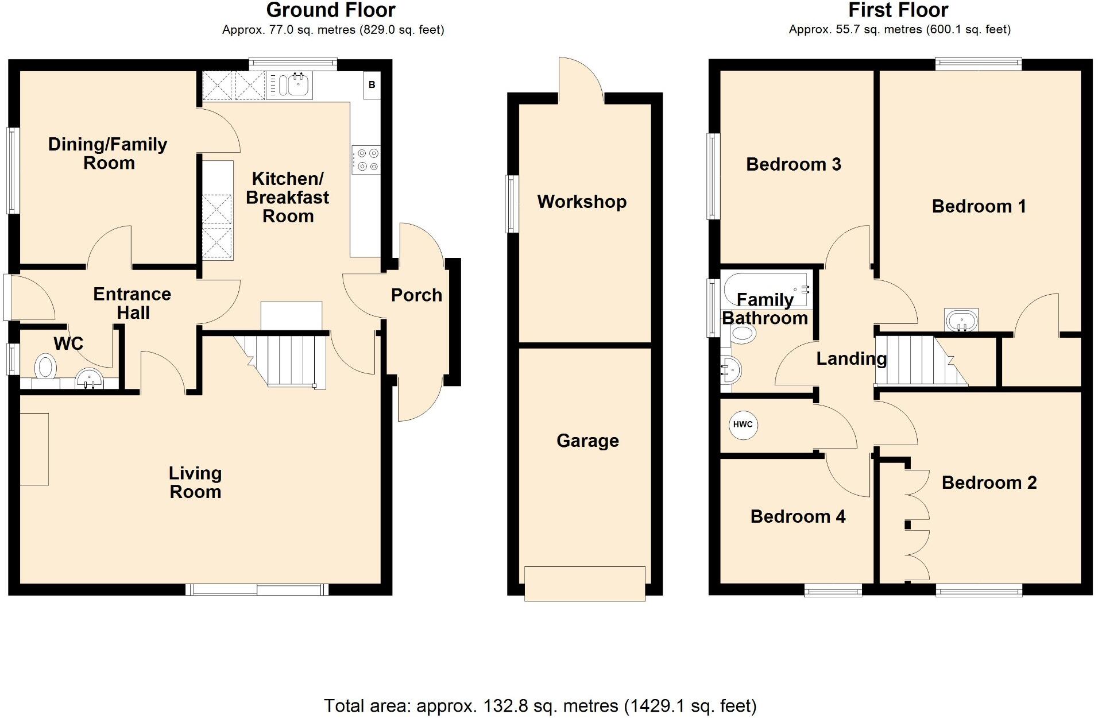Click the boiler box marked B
[372, 85]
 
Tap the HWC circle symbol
[743, 424]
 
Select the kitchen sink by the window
[294, 86]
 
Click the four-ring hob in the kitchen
[366, 160]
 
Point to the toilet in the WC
[45, 368]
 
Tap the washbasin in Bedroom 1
[961, 320]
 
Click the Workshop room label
[582, 202]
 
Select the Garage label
[587, 441]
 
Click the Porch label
[416, 295]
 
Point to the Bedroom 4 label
[798, 516]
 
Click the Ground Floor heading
[331, 10]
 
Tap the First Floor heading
[898, 10]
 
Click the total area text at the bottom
[540, 705]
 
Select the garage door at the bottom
[585, 584]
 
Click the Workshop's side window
[512, 204]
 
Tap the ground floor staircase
[287, 359]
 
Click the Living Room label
[195, 482]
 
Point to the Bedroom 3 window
[713, 176]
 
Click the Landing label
[851, 359]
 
